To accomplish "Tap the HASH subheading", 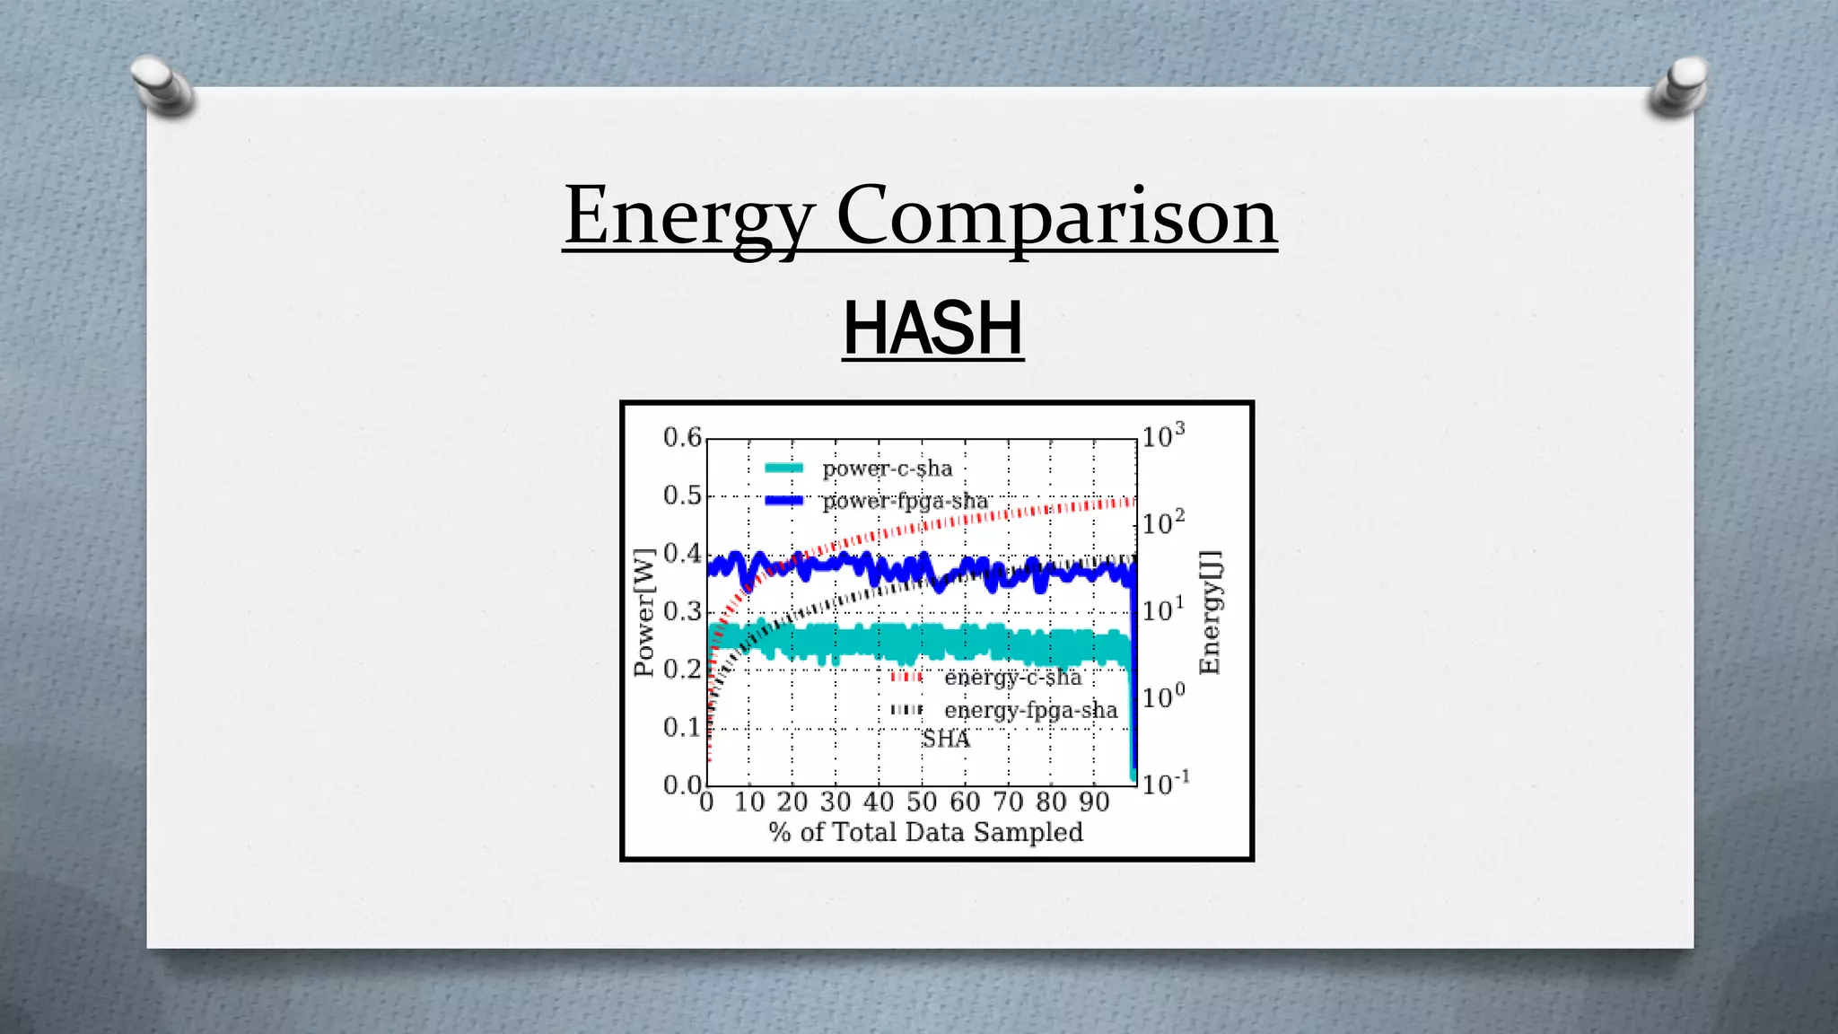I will (x=932, y=329).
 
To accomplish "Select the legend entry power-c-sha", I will (x=886, y=469).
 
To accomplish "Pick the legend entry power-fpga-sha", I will (x=904, y=501).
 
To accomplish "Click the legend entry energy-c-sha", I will (x=1012, y=678).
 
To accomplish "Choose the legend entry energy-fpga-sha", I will (x=1030, y=710).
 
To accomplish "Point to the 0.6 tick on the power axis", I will (x=682, y=437).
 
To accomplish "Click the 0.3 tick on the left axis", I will (x=682, y=611).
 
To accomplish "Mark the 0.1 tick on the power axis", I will (x=682, y=727).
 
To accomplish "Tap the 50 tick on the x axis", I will (x=922, y=802).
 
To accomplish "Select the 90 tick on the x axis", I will (x=1094, y=802).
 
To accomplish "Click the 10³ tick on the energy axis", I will (x=1163, y=436).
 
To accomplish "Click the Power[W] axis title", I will (x=644, y=612).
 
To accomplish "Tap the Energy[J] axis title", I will (x=1211, y=612).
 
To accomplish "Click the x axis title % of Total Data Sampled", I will (x=925, y=832).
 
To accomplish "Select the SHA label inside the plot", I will (x=945, y=739).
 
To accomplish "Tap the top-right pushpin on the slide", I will (x=1679, y=86).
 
